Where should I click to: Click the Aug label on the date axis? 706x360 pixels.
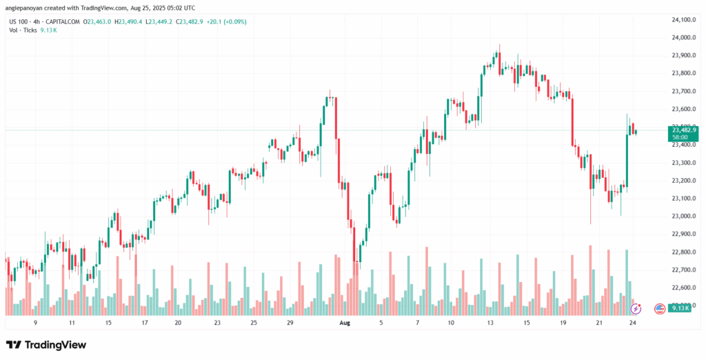345,323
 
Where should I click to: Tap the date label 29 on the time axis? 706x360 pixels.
290,323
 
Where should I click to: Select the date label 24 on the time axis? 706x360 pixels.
633,323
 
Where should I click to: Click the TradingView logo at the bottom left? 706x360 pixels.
46,344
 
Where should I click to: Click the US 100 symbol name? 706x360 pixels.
19,22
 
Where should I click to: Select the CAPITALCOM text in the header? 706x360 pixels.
63,22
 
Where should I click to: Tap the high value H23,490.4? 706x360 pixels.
130,22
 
